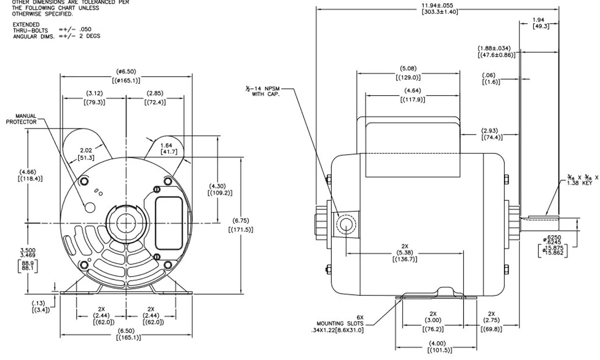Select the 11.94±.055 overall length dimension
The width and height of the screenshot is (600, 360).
point(437,6)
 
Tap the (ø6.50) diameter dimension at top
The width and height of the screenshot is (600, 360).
point(126,72)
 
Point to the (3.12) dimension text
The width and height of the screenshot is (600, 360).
point(94,93)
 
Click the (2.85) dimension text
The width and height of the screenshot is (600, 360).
point(155,93)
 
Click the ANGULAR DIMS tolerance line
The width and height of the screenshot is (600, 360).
point(56,36)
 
